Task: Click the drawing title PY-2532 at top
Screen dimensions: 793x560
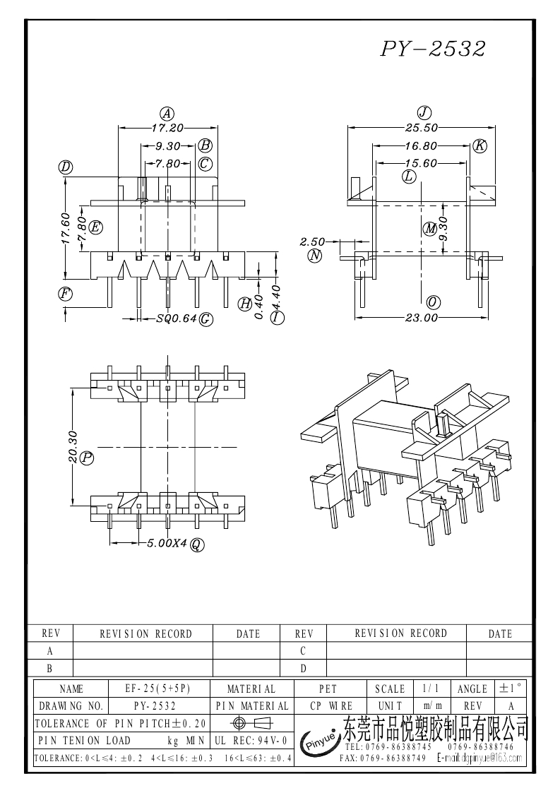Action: point(434,49)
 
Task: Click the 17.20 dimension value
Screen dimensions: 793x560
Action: point(167,128)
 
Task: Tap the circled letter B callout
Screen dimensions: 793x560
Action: point(205,145)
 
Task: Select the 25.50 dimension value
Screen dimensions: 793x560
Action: point(422,128)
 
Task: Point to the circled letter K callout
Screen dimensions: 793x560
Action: point(479,146)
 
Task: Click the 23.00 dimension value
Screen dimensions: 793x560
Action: point(422,318)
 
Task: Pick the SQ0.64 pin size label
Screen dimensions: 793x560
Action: point(176,319)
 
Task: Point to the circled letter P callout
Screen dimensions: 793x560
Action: point(88,458)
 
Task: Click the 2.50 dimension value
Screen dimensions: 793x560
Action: point(311,242)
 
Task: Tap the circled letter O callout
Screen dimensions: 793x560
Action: point(434,302)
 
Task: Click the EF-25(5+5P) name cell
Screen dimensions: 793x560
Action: point(159,688)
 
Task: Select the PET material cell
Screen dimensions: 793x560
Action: point(328,688)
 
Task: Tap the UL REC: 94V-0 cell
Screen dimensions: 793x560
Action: point(250,741)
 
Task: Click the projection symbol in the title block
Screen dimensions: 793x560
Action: point(251,723)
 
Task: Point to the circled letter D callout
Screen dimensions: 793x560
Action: point(66,167)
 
